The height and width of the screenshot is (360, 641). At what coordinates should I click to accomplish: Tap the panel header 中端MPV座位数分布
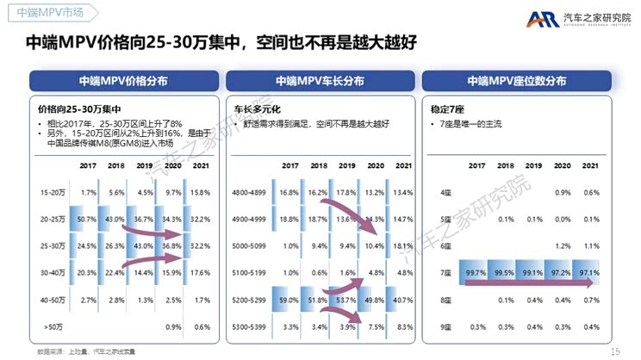coord(517,81)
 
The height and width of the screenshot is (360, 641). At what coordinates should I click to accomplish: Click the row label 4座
coord(445,192)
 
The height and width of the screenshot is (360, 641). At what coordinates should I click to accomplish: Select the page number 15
coord(614,351)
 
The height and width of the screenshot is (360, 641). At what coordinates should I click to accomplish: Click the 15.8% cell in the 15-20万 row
coord(200,192)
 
